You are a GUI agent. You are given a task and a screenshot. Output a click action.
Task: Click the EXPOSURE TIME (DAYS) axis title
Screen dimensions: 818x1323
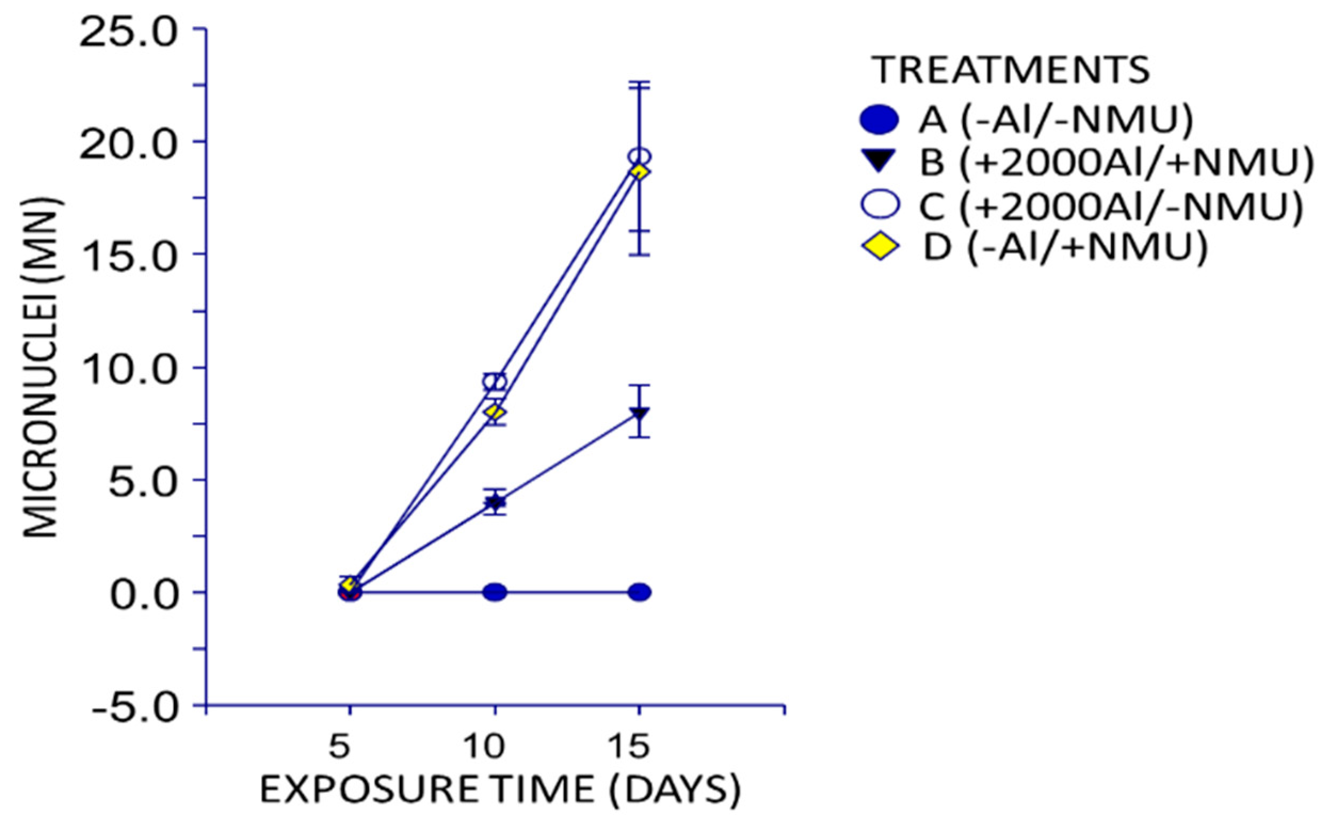tap(500, 790)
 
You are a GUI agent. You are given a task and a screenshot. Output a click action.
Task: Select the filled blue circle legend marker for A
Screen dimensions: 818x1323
tap(879, 120)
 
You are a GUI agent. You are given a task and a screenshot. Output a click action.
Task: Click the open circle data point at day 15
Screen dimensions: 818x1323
tap(639, 157)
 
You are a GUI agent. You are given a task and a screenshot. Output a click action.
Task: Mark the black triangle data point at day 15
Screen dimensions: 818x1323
tap(639, 414)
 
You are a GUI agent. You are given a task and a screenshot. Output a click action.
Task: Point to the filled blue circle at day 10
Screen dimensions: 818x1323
tap(495, 593)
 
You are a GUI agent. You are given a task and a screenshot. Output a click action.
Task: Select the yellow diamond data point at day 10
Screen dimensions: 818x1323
tap(495, 412)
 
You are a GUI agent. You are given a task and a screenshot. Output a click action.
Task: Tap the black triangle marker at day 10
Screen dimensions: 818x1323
tap(495, 503)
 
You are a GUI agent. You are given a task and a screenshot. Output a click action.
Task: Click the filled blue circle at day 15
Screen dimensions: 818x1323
tap(639, 593)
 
